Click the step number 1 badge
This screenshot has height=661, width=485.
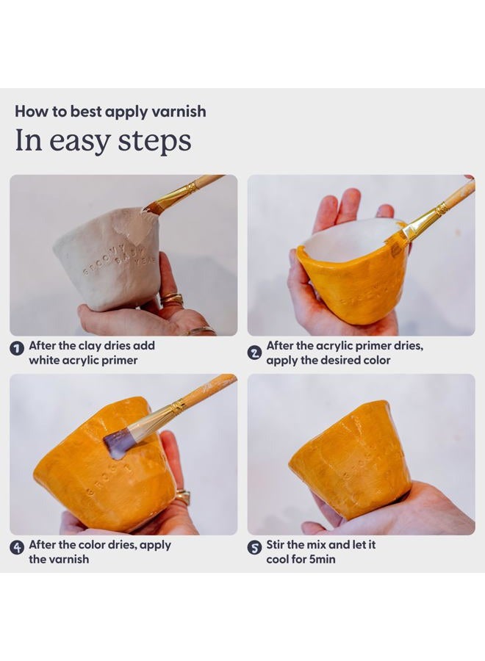17,348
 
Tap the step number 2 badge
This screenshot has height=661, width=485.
254,353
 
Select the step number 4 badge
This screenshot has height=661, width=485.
17,548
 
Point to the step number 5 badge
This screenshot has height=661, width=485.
254,548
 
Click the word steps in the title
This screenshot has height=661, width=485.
154,141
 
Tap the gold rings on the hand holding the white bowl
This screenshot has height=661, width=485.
172,300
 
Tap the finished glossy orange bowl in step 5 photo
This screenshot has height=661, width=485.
351,460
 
